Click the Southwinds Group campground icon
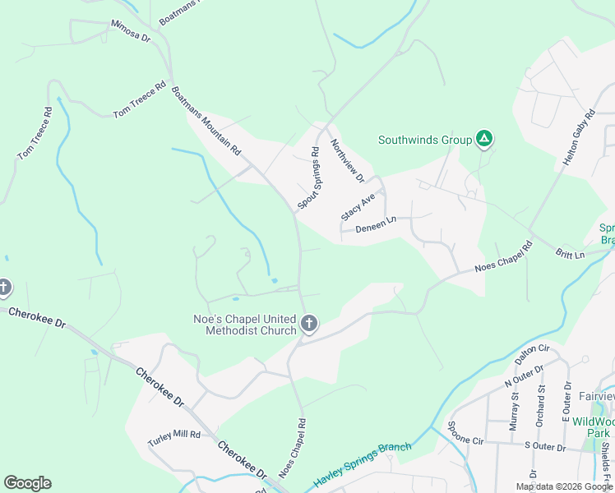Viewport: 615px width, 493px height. point(485,140)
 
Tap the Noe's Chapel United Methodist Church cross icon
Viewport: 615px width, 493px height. point(309,324)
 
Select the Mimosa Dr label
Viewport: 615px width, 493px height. point(131,31)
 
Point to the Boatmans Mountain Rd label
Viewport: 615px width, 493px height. point(206,121)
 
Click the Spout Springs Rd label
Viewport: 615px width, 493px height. point(307,177)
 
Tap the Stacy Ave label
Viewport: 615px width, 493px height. point(358,205)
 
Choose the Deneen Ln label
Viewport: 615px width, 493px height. point(377,222)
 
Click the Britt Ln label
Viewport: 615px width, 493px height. point(569,255)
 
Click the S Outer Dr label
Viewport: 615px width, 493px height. point(545,448)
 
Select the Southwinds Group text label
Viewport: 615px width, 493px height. point(425,140)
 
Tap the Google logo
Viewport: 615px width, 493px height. point(27,483)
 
